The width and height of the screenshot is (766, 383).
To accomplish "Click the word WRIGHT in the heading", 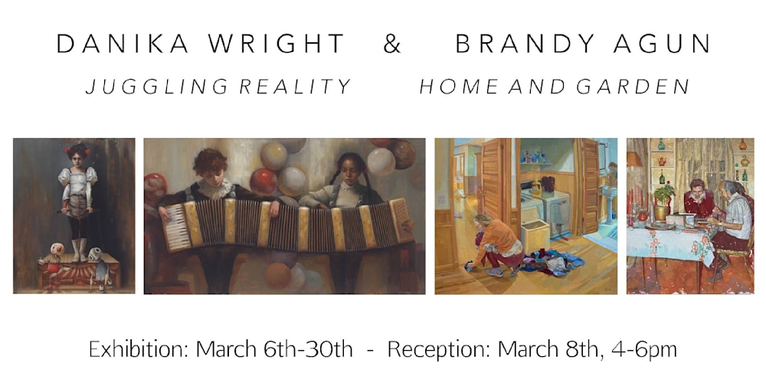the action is tap(277, 44).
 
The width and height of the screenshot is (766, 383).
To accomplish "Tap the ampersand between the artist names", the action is tap(391, 44).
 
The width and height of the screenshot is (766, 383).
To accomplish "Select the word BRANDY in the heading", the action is tap(525, 44).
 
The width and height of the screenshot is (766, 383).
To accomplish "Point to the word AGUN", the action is tap(662, 44).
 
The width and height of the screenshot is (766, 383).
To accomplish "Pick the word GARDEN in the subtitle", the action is tap(633, 87).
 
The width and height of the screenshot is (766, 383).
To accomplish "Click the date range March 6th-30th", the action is tap(274, 350).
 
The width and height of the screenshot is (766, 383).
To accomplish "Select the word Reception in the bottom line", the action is tap(440, 350).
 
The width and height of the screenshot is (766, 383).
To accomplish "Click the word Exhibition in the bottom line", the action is tap(139, 350).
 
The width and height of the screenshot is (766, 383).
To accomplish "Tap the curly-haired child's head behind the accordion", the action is tap(210, 166).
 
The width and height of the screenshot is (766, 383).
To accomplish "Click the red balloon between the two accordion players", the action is tap(264, 182).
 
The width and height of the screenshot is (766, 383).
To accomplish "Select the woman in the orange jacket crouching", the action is tap(493, 244).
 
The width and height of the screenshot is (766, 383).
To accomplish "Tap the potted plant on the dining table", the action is tap(662, 200).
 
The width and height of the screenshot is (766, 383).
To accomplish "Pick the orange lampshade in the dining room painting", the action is tap(634, 159).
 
